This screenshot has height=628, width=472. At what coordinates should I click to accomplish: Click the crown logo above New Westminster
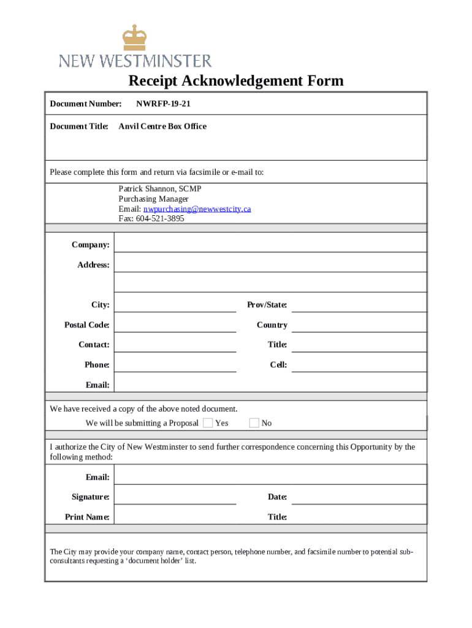pyautogui.click(x=135, y=38)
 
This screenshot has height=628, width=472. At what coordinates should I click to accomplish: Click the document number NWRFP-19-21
pyautogui.click(x=159, y=104)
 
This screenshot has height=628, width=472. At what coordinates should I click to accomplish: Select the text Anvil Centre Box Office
pyautogui.click(x=162, y=126)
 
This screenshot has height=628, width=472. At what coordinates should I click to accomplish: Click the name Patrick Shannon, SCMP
pyautogui.click(x=159, y=189)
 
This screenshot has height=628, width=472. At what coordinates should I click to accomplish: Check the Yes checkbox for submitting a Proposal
pyautogui.click(x=208, y=423)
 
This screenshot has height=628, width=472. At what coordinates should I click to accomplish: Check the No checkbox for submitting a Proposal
pyautogui.click(x=254, y=423)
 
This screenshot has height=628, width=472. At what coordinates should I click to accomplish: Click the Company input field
pyautogui.click(x=270, y=243)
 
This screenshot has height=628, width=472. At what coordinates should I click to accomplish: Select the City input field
pyautogui.click(x=175, y=304)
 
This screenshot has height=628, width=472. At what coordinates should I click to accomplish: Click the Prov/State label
pyautogui.click(x=267, y=305)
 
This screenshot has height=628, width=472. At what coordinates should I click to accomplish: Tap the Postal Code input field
pyautogui.click(x=175, y=324)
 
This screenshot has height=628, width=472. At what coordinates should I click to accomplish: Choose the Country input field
pyautogui.click(x=359, y=324)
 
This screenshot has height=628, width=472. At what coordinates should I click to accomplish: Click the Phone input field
pyautogui.click(x=175, y=364)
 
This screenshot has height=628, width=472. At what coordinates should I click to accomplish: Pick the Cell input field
pyautogui.click(x=359, y=364)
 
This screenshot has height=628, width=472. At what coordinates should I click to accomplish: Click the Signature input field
pyautogui.click(x=175, y=496)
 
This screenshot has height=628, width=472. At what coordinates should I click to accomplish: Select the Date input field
pyautogui.click(x=359, y=496)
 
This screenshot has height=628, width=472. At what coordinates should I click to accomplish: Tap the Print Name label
pyautogui.click(x=87, y=517)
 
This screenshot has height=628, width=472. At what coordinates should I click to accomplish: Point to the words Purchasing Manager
pyautogui.click(x=153, y=199)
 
